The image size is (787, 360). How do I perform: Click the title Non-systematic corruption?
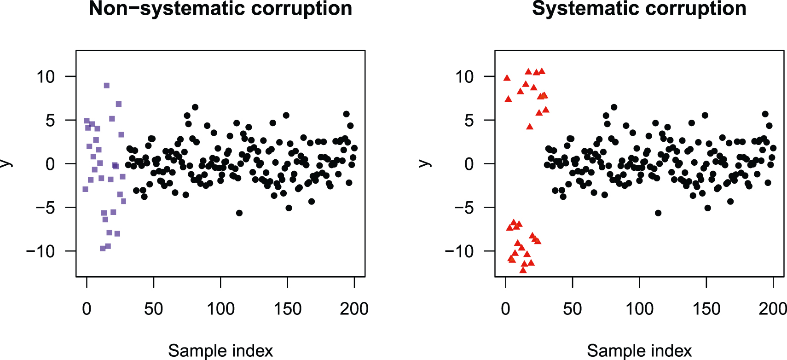(220, 9)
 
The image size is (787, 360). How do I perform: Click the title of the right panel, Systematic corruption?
(639, 9)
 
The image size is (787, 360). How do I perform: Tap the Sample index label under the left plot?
(220, 351)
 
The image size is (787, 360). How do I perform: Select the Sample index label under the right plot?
(639, 351)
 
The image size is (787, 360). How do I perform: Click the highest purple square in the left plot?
(107, 86)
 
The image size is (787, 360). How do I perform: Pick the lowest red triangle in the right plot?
(523, 270)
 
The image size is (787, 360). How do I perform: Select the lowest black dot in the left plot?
(239, 213)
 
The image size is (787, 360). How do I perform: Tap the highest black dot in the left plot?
(195, 107)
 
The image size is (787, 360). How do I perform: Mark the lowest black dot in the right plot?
(658, 213)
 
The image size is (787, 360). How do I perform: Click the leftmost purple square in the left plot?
(85, 189)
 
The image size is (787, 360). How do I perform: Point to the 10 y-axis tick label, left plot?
(46, 76)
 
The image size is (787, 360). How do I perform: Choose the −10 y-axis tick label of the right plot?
(459, 251)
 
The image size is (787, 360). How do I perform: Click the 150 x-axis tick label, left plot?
(287, 309)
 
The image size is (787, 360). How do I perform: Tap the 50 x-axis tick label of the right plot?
(573, 309)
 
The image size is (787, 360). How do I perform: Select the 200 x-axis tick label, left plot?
(354, 309)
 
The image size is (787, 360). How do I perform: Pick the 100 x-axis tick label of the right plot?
(639, 309)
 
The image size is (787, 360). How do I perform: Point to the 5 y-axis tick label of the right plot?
(469, 121)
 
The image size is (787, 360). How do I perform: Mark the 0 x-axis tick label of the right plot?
(506, 309)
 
